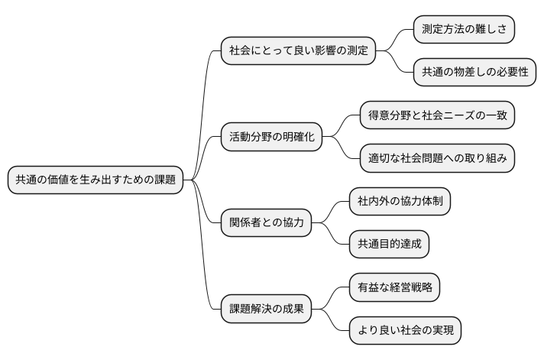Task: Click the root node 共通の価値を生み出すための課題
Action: coord(96,180)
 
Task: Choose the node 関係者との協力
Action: coord(266,223)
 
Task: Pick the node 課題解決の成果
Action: coord(266,310)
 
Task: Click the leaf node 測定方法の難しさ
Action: coord(463,30)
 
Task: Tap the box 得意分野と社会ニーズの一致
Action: coord(438,116)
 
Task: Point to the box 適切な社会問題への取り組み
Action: coord(438,159)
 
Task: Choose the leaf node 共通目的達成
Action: coord(389,245)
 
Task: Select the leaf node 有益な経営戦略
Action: coord(394,288)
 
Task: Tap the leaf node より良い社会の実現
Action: coord(406,331)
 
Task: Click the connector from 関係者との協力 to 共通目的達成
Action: coord(330,236)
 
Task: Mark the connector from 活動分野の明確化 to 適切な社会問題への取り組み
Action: coord(342,151)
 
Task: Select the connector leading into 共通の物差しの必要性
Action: coord(397,64)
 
